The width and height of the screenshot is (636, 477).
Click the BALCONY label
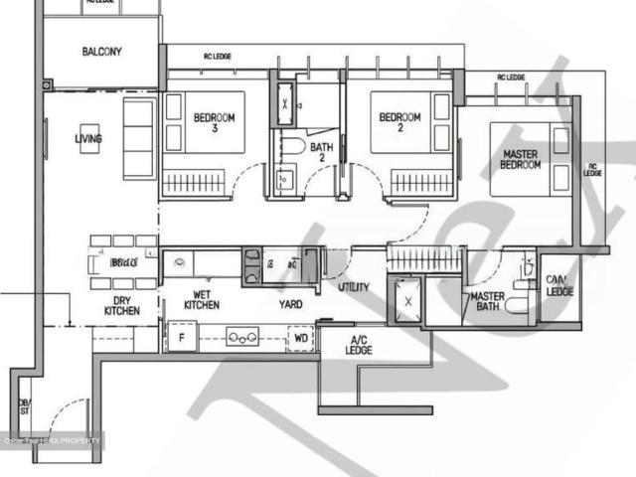(101, 52)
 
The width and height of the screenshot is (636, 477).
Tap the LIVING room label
(87, 139)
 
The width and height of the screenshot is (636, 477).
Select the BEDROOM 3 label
(214, 122)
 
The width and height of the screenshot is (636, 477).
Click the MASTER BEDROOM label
(521, 159)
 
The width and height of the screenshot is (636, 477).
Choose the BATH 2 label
(321, 153)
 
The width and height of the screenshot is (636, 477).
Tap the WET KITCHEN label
(200, 299)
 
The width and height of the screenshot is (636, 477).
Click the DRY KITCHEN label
(122, 305)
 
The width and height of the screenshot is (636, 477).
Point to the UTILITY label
(353, 288)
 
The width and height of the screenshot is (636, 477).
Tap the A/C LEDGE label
(359, 347)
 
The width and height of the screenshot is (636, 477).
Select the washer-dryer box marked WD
(301, 338)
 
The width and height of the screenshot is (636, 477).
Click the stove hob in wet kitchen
(240, 337)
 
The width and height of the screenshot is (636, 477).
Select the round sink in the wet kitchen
(179, 263)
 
